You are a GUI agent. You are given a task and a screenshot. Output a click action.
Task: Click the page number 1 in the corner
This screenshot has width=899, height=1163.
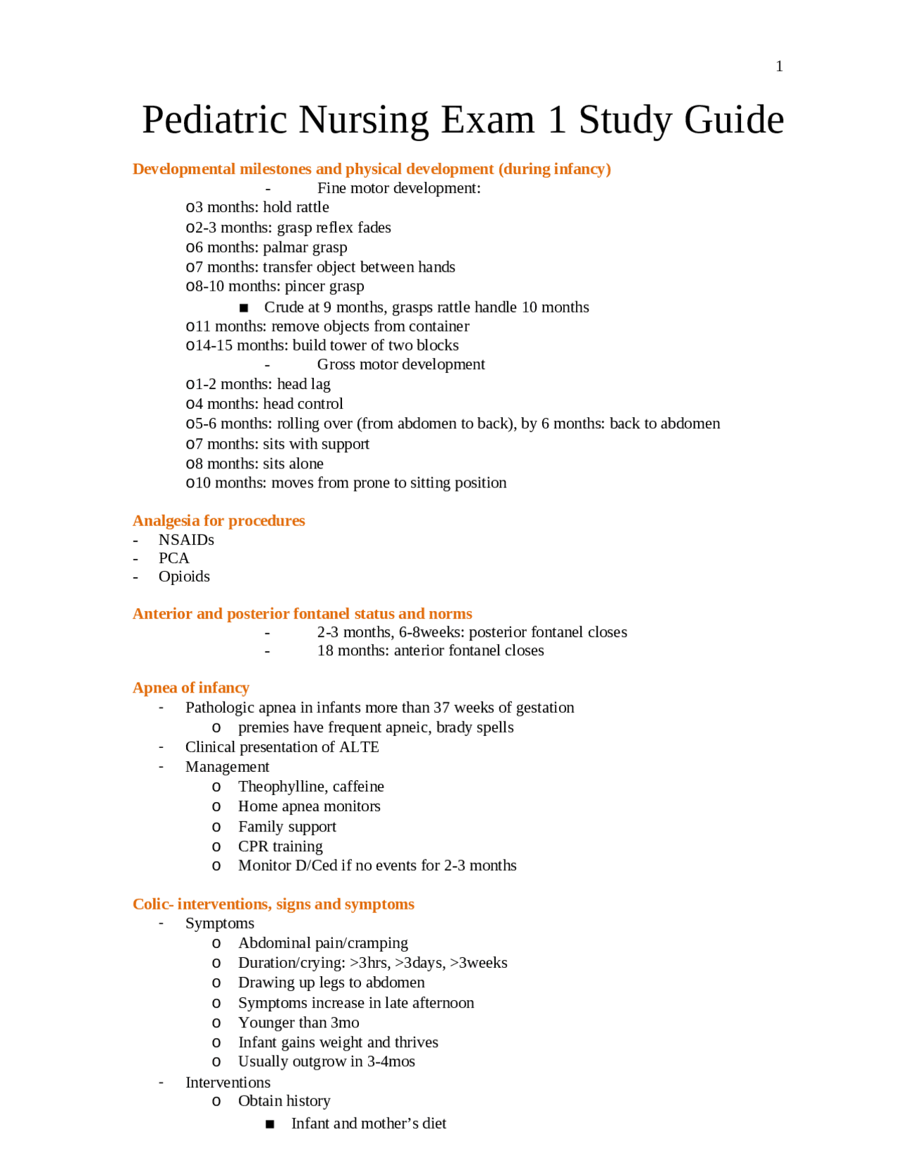[x=779, y=66]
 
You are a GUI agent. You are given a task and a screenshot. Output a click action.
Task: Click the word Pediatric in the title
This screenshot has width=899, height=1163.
[x=214, y=119]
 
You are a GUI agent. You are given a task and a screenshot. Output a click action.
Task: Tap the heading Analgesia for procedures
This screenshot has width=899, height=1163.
[x=218, y=520]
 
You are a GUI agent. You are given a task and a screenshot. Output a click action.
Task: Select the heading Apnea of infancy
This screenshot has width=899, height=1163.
[x=191, y=688]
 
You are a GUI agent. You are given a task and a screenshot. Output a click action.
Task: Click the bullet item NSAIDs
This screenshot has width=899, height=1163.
[x=186, y=539]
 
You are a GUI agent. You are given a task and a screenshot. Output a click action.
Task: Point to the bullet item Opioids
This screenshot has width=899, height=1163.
[x=184, y=576]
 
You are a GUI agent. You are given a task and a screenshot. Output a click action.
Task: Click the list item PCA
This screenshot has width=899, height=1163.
[x=173, y=558]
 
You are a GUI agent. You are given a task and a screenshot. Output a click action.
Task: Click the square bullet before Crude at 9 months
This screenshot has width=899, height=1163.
[x=244, y=308]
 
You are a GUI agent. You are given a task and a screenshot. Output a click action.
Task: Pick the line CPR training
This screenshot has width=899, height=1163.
[x=280, y=846]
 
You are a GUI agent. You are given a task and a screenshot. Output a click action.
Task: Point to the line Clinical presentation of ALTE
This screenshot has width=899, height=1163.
[x=282, y=747]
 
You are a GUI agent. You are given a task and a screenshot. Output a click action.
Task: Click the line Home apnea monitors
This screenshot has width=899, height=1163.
[x=309, y=806]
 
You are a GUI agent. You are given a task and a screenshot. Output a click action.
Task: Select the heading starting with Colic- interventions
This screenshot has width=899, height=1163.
[x=273, y=904]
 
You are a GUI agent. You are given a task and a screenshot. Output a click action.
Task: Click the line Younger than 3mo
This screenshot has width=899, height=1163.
[x=298, y=1023]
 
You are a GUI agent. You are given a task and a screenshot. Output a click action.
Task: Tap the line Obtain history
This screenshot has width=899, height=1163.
[x=284, y=1100]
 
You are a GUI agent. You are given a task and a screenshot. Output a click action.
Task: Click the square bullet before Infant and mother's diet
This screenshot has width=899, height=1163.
[x=270, y=1124]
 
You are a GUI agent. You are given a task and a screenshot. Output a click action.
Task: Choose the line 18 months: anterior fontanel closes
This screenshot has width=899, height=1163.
[x=430, y=650]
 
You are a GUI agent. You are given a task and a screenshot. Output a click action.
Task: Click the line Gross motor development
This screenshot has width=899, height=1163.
[x=400, y=364]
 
